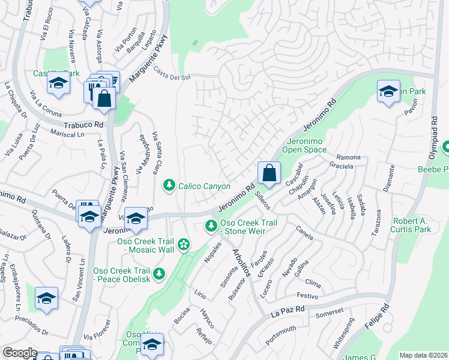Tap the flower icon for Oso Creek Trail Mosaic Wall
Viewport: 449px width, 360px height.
pos(184,244)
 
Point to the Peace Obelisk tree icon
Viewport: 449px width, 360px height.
pos(158,274)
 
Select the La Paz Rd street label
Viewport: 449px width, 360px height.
pos(288,311)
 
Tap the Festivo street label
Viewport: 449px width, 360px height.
pos(307,296)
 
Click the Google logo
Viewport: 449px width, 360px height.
pos(20,353)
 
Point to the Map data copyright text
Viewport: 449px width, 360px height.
pos(423,355)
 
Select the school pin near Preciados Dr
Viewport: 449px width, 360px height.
pos(46,298)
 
